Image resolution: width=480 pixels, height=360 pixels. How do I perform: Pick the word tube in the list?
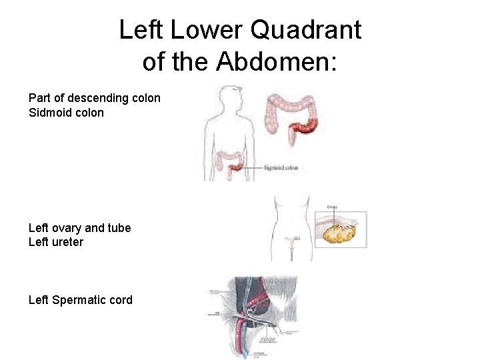pyautogui.click(x=119, y=228)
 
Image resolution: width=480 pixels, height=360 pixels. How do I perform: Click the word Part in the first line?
pyautogui.click(x=40, y=98)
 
